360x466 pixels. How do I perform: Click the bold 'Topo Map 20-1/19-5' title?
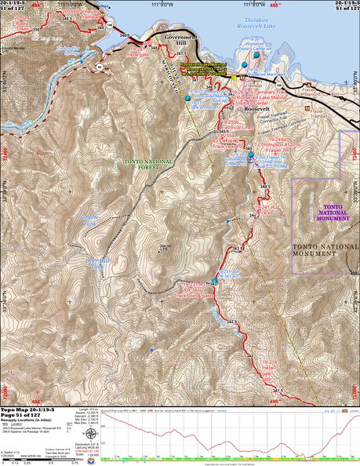(x=28, y=413)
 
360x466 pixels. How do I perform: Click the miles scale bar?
(x=31, y=457)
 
